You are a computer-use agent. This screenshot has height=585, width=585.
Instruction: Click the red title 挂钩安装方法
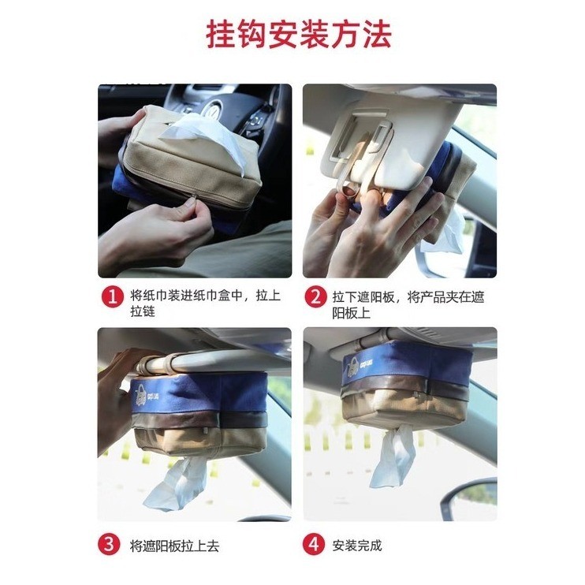pyautogui.click(x=299, y=35)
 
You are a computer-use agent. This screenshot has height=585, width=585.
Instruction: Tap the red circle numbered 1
pyautogui.click(x=112, y=296)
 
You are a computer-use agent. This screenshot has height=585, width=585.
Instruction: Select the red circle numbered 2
pyautogui.click(x=315, y=296)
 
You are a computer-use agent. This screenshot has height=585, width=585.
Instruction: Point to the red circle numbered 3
pyautogui.click(x=109, y=544)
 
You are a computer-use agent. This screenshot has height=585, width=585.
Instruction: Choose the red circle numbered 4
pyautogui.click(x=314, y=544)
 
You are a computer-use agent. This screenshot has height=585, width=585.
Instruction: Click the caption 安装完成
pyautogui.click(x=357, y=546)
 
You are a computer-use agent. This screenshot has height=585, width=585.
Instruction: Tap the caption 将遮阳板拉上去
pyautogui.click(x=174, y=546)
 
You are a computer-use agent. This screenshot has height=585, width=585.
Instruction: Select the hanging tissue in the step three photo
pyautogui.click(x=175, y=484)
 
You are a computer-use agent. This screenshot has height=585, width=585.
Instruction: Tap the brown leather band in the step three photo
pyautogui.click(x=199, y=419)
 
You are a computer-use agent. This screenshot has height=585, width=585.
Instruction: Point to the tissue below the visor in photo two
pyautogui.click(x=442, y=233)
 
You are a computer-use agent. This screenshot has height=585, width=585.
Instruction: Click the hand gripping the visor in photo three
pyautogui.click(x=117, y=396)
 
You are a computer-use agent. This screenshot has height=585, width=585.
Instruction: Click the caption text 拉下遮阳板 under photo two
pyautogui.click(x=363, y=297)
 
